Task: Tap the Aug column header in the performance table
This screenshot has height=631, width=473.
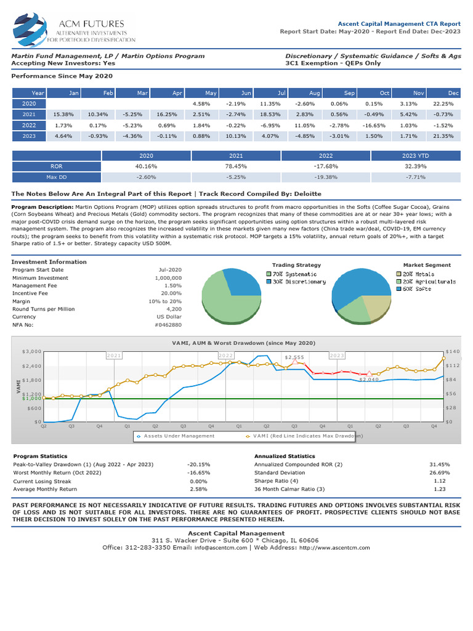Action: point(315,93)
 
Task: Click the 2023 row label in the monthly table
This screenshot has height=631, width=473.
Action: point(30,136)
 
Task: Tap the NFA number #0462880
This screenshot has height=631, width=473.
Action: point(168,324)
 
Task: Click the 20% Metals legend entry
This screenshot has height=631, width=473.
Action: point(418,274)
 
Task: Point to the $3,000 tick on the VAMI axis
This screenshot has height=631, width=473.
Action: point(31,351)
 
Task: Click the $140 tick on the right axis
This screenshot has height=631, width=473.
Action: point(452,351)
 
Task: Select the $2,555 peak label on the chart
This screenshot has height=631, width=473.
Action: point(294,357)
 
